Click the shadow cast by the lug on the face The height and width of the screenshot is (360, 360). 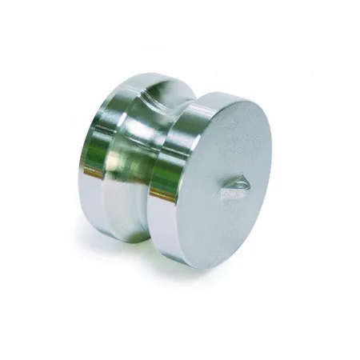tap(226, 192)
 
